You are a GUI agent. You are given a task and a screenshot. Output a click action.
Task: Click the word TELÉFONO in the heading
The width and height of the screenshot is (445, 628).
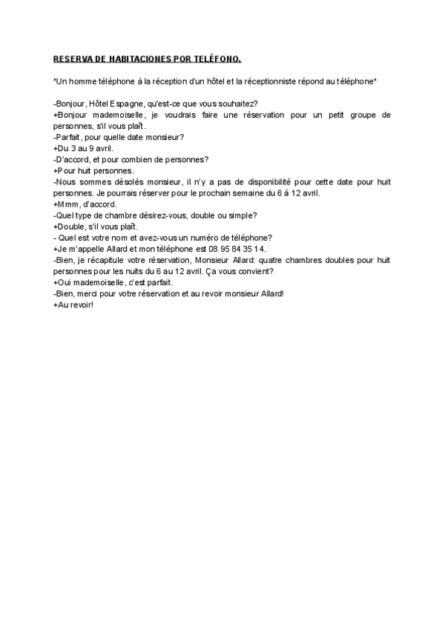point(220,58)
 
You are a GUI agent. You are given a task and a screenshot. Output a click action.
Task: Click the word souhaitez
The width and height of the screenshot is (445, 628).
point(238,103)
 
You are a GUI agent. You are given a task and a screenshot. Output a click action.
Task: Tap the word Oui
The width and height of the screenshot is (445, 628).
point(65,282)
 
